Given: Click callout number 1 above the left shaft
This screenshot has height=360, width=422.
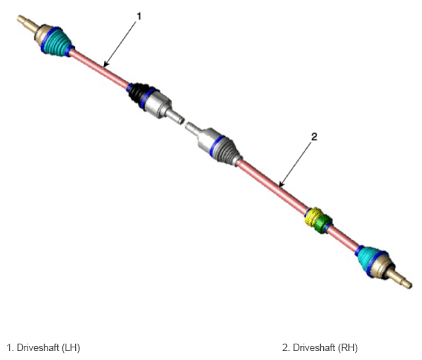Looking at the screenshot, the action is (139, 16).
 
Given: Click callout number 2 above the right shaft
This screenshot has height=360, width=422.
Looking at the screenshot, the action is (314, 137).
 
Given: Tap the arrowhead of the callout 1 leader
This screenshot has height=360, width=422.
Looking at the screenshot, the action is (105, 65).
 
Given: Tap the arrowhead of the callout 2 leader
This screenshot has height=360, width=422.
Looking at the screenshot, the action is (281, 185).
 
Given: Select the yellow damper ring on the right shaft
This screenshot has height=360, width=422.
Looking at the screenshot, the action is (313, 216).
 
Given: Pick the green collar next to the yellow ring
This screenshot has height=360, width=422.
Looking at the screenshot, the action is (323, 224).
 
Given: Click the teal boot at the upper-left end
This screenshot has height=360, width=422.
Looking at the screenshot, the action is (57, 42).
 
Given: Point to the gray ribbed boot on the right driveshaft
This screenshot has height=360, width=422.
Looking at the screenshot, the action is (227, 150).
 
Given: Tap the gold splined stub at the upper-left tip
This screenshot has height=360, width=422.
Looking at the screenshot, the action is (27, 23).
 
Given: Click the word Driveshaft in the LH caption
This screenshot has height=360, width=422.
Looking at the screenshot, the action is (38, 347).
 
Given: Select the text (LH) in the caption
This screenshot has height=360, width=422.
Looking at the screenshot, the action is (71, 347).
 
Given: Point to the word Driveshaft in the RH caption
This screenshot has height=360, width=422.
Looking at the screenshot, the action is (314, 347).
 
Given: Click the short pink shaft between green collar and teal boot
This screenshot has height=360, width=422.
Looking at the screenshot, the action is (343, 239).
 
